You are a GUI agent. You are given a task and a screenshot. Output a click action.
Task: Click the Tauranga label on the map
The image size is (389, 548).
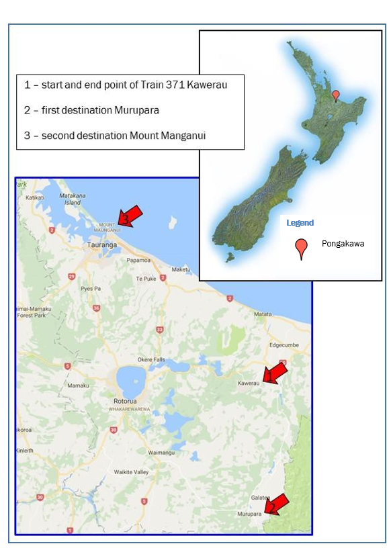102,245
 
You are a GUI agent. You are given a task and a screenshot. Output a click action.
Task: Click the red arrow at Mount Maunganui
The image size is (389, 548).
130,215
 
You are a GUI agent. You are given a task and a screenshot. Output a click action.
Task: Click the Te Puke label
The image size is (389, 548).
146,278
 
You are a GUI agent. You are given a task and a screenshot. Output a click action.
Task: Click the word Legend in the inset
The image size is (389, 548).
300,222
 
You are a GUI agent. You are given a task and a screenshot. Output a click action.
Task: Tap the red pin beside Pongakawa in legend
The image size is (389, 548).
302,248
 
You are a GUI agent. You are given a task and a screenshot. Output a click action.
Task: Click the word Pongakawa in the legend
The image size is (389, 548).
343,243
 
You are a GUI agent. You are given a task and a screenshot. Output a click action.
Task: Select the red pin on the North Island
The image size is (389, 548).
336,95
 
